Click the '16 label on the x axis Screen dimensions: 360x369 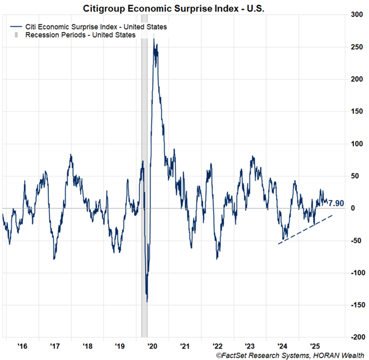pyautogui.click(x=22, y=346)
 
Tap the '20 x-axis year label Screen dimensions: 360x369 pyautogui.click(x=152, y=346)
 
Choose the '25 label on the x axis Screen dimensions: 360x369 pyautogui.click(x=314, y=346)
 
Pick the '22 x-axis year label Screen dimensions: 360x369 pyautogui.click(x=217, y=346)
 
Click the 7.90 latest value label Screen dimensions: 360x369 pyautogui.click(x=337, y=203)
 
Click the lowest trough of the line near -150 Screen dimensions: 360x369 pyautogui.click(x=147, y=301)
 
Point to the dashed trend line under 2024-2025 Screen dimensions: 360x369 pyautogui.click(x=305, y=229)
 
